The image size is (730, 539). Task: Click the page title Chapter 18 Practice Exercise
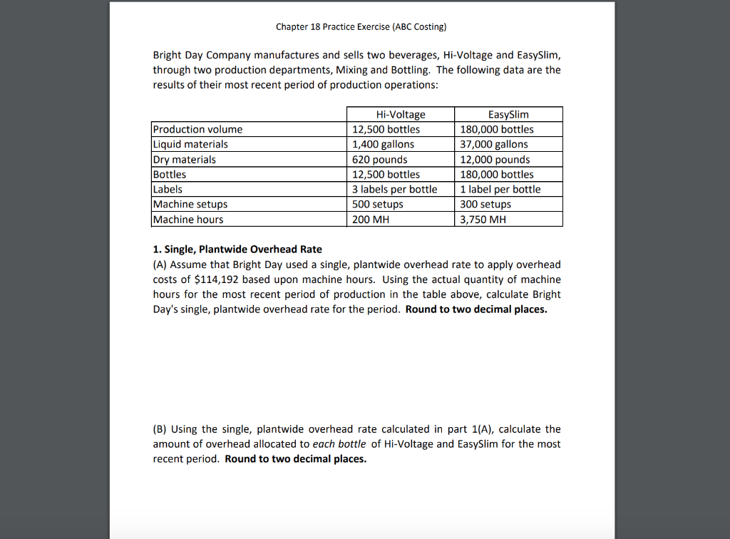point(361,27)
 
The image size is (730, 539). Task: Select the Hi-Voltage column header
point(400,115)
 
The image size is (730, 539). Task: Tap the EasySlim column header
point(508,115)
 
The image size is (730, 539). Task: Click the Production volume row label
point(198,129)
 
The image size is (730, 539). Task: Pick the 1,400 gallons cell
point(384,144)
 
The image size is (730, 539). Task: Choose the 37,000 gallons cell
point(494,144)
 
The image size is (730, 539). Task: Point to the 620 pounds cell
point(381,160)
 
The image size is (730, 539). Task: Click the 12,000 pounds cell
point(495,160)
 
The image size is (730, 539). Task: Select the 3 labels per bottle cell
point(395,190)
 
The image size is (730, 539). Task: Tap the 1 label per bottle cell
point(500,190)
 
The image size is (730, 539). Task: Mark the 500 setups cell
point(378,205)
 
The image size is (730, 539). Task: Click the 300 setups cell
point(485,205)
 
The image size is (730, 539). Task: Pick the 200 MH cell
point(371,220)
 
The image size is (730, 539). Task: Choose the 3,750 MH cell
point(483,220)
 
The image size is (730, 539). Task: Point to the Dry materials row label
point(185,160)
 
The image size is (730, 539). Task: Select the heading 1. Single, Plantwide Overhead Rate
point(237,250)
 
